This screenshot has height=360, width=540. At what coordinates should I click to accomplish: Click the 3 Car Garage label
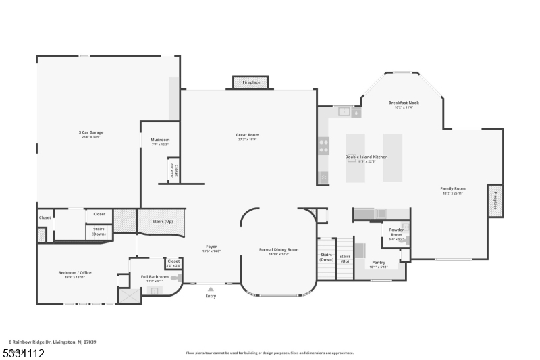91,132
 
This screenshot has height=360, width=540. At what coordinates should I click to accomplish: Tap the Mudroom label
160,140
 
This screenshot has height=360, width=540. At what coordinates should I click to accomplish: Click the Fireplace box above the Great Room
251,82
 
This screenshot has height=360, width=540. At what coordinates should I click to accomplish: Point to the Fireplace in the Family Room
495,201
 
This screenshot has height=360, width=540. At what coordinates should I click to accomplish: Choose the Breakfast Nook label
404,103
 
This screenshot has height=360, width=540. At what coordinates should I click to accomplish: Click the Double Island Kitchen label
367,157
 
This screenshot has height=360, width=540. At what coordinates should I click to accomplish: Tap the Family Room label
453,188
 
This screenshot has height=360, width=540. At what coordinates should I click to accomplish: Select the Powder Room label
396,232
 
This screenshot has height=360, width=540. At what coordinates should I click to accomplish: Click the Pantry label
379,262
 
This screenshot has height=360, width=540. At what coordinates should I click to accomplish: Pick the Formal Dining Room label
279,249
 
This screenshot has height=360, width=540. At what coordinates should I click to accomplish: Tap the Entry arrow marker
211,289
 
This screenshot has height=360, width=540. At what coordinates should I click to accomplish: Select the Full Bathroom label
155,276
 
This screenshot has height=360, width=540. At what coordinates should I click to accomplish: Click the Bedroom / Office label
75,272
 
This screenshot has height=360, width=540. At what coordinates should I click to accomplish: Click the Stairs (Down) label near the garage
99,230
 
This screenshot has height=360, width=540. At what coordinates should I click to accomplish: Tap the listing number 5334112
24,353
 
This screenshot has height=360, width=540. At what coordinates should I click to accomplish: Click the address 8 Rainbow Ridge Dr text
53,342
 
